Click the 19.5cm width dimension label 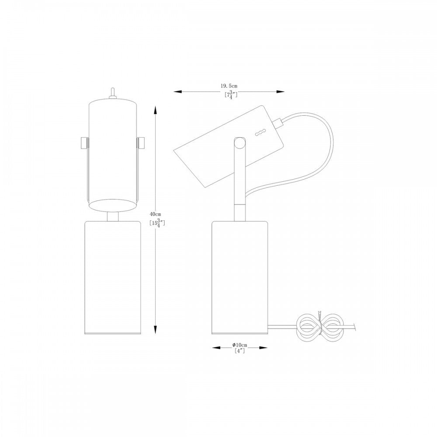pos(229,86)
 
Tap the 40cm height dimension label pos(156,214)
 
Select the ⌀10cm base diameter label pos(239,345)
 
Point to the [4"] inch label pos(239,351)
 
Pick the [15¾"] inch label pos(157,223)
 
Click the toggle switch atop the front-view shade pos(113,93)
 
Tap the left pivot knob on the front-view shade pos(84,143)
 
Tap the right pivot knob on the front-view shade pos(141,143)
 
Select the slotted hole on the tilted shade pos(261,133)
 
